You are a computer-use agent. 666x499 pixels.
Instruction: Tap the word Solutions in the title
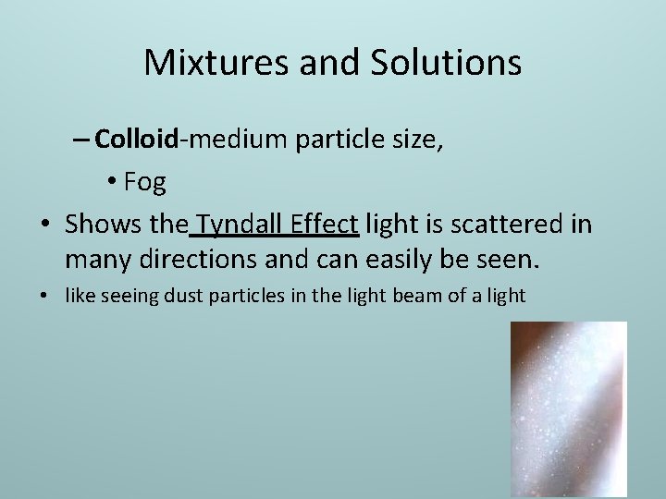tap(447, 63)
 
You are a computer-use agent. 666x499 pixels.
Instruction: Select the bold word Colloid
tap(136, 140)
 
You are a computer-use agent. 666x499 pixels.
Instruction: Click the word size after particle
tap(414, 140)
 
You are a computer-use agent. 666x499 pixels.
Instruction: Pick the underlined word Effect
tap(325, 225)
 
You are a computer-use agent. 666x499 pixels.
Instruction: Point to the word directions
tap(197, 261)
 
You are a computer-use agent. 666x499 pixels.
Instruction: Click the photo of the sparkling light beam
tap(569, 408)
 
